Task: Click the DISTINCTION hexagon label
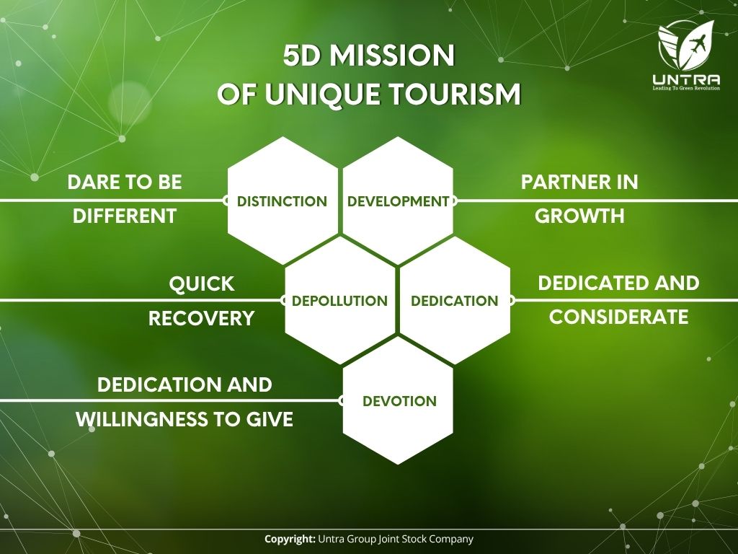(x=282, y=201)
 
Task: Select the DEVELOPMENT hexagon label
(x=398, y=201)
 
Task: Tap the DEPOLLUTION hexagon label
(x=339, y=301)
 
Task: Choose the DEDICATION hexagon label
(x=454, y=301)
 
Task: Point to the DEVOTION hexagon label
(x=399, y=401)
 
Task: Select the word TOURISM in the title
(x=455, y=94)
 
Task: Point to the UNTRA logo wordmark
(x=686, y=79)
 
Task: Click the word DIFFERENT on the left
(x=125, y=216)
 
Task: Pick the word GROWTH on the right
(x=579, y=216)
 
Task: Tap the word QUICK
(x=202, y=284)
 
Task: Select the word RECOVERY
(x=202, y=318)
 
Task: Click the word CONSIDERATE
(x=618, y=317)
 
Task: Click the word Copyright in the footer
(x=290, y=539)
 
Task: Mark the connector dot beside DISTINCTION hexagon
(x=226, y=201)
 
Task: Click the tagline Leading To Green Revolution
(x=686, y=88)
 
